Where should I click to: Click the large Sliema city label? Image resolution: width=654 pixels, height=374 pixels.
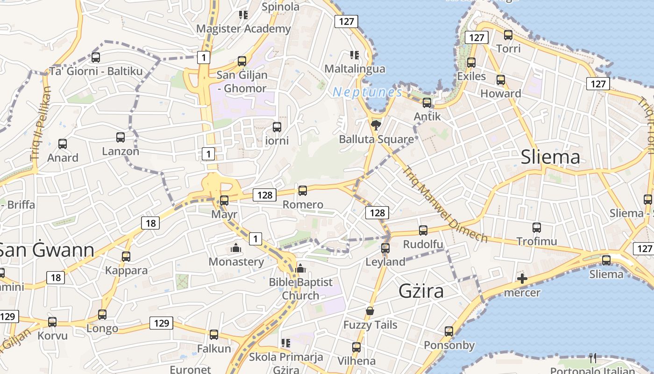[550, 157]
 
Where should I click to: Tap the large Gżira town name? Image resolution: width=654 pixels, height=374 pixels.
[421, 291]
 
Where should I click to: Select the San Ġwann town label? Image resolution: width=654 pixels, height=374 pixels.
[47, 250]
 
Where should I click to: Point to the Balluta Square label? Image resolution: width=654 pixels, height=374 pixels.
[376, 139]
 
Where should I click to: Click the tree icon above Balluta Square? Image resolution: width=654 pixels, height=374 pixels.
[376, 124]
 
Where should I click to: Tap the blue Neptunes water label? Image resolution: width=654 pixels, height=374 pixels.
[367, 92]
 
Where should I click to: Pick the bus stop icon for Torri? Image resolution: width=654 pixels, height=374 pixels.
[508, 35]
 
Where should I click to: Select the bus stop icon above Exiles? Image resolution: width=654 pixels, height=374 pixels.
[471, 62]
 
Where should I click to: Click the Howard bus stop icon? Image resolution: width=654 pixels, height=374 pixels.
[501, 79]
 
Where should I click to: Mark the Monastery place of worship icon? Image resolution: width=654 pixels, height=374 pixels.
[236, 248]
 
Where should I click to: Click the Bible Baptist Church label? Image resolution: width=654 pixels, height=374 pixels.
[300, 288]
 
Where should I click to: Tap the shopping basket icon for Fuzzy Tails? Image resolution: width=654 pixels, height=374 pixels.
[370, 311]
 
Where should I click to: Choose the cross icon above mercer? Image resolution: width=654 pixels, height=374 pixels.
[522, 279]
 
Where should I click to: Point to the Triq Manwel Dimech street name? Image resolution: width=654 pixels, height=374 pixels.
[444, 204]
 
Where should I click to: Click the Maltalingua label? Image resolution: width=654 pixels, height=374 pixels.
[355, 69]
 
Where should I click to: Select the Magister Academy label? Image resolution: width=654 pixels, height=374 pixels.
[243, 29]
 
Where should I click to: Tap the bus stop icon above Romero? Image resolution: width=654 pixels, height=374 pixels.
[303, 190]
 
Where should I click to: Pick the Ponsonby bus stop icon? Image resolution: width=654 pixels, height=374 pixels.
[449, 331]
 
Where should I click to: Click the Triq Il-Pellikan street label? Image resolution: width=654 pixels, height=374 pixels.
[41, 123]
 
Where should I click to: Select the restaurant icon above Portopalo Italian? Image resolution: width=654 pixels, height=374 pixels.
[593, 358]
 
